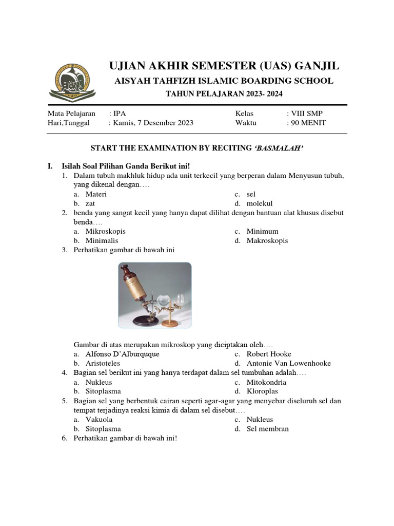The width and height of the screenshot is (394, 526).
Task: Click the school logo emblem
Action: click(x=72, y=81)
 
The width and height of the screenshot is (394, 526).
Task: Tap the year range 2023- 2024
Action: click(x=261, y=93)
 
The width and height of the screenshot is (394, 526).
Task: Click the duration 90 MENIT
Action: click(x=309, y=123)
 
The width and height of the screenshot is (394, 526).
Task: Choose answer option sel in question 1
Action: click(x=251, y=194)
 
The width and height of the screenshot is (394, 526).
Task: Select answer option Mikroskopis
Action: click(x=105, y=231)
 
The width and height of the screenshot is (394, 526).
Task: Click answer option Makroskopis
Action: click(x=267, y=240)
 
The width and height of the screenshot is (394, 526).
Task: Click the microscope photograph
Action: click(x=155, y=295)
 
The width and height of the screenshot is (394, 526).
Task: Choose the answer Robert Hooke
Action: click(x=269, y=354)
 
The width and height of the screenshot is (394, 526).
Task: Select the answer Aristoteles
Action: click(x=103, y=363)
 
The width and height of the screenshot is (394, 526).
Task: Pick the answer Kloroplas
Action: click(x=263, y=391)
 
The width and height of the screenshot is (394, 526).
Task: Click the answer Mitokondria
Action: click(x=266, y=382)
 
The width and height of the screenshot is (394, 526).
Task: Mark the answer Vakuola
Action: click(x=98, y=419)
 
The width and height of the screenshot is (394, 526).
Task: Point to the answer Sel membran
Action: click(x=267, y=428)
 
